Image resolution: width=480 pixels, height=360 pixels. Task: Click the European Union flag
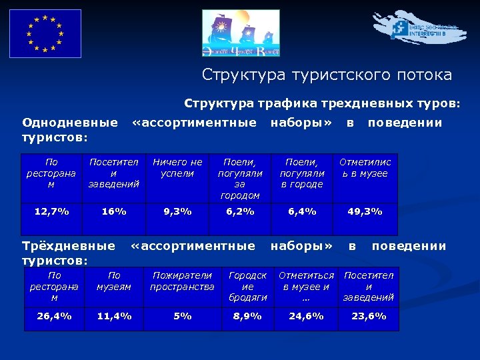[x=45, y=33]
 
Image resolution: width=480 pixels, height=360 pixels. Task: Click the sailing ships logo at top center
[x=241, y=33]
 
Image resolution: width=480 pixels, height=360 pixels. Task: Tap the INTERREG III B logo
[x=419, y=29]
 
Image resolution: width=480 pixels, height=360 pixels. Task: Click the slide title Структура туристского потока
[x=327, y=75]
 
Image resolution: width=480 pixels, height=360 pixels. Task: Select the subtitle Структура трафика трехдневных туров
[x=322, y=104]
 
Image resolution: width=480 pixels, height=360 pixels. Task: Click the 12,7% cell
[x=52, y=211]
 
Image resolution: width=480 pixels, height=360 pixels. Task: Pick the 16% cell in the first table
[x=114, y=211]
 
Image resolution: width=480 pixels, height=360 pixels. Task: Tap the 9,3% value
[x=177, y=211]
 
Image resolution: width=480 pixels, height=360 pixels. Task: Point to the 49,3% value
[x=365, y=211]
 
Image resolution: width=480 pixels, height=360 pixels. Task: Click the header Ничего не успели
[x=177, y=167]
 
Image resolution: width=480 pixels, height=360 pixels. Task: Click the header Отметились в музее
[x=365, y=167]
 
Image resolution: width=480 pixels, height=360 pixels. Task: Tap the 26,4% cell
[x=55, y=316]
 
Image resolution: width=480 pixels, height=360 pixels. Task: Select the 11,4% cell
[x=114, y=316]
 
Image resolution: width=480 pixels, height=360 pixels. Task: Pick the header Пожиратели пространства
[x=182, y=281]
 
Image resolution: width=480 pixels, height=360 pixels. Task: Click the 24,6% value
[x=306, y=316]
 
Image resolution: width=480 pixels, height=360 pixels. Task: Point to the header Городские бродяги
[x=247, y=286]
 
